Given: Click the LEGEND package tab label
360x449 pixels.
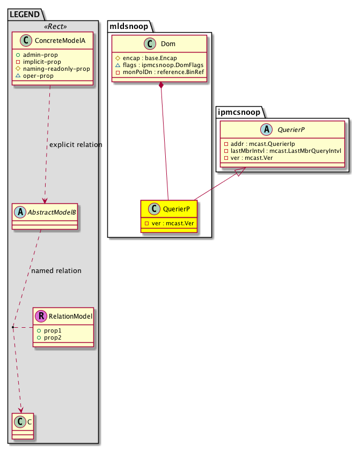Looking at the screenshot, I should (x=24, y=12).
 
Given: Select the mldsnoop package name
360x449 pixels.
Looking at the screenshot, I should (x=129, y=25).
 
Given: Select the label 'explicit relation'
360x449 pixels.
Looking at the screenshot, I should (x=75, y=145).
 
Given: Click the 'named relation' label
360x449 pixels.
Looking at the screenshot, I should (x=56, y=271).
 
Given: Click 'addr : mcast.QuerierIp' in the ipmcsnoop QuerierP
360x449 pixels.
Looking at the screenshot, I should (x=260, y=144).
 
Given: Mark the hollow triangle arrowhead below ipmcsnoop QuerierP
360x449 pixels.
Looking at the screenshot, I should (x=240, y=171).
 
